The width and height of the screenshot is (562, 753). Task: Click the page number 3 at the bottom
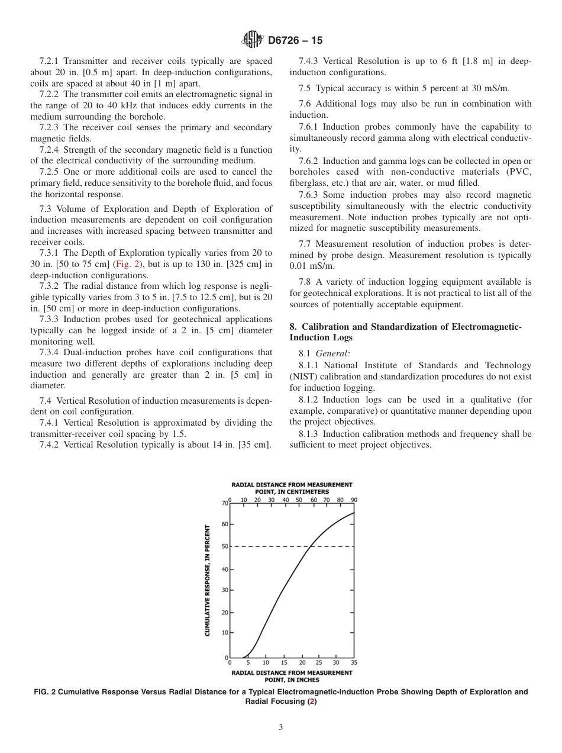[x=280, y=728]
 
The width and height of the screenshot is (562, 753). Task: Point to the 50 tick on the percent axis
[x=225, y=546]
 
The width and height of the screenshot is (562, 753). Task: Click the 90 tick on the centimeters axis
[x=354, y=500]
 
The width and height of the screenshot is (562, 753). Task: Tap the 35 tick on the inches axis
[x=354, y=663]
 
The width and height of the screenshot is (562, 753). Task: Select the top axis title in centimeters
[x=292, y=488]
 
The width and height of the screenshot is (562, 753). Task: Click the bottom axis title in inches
[x=292, y=676]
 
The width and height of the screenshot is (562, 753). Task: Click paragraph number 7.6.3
[x=311, y=195]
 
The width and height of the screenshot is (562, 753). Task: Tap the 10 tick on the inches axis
[x=266, y=663]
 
